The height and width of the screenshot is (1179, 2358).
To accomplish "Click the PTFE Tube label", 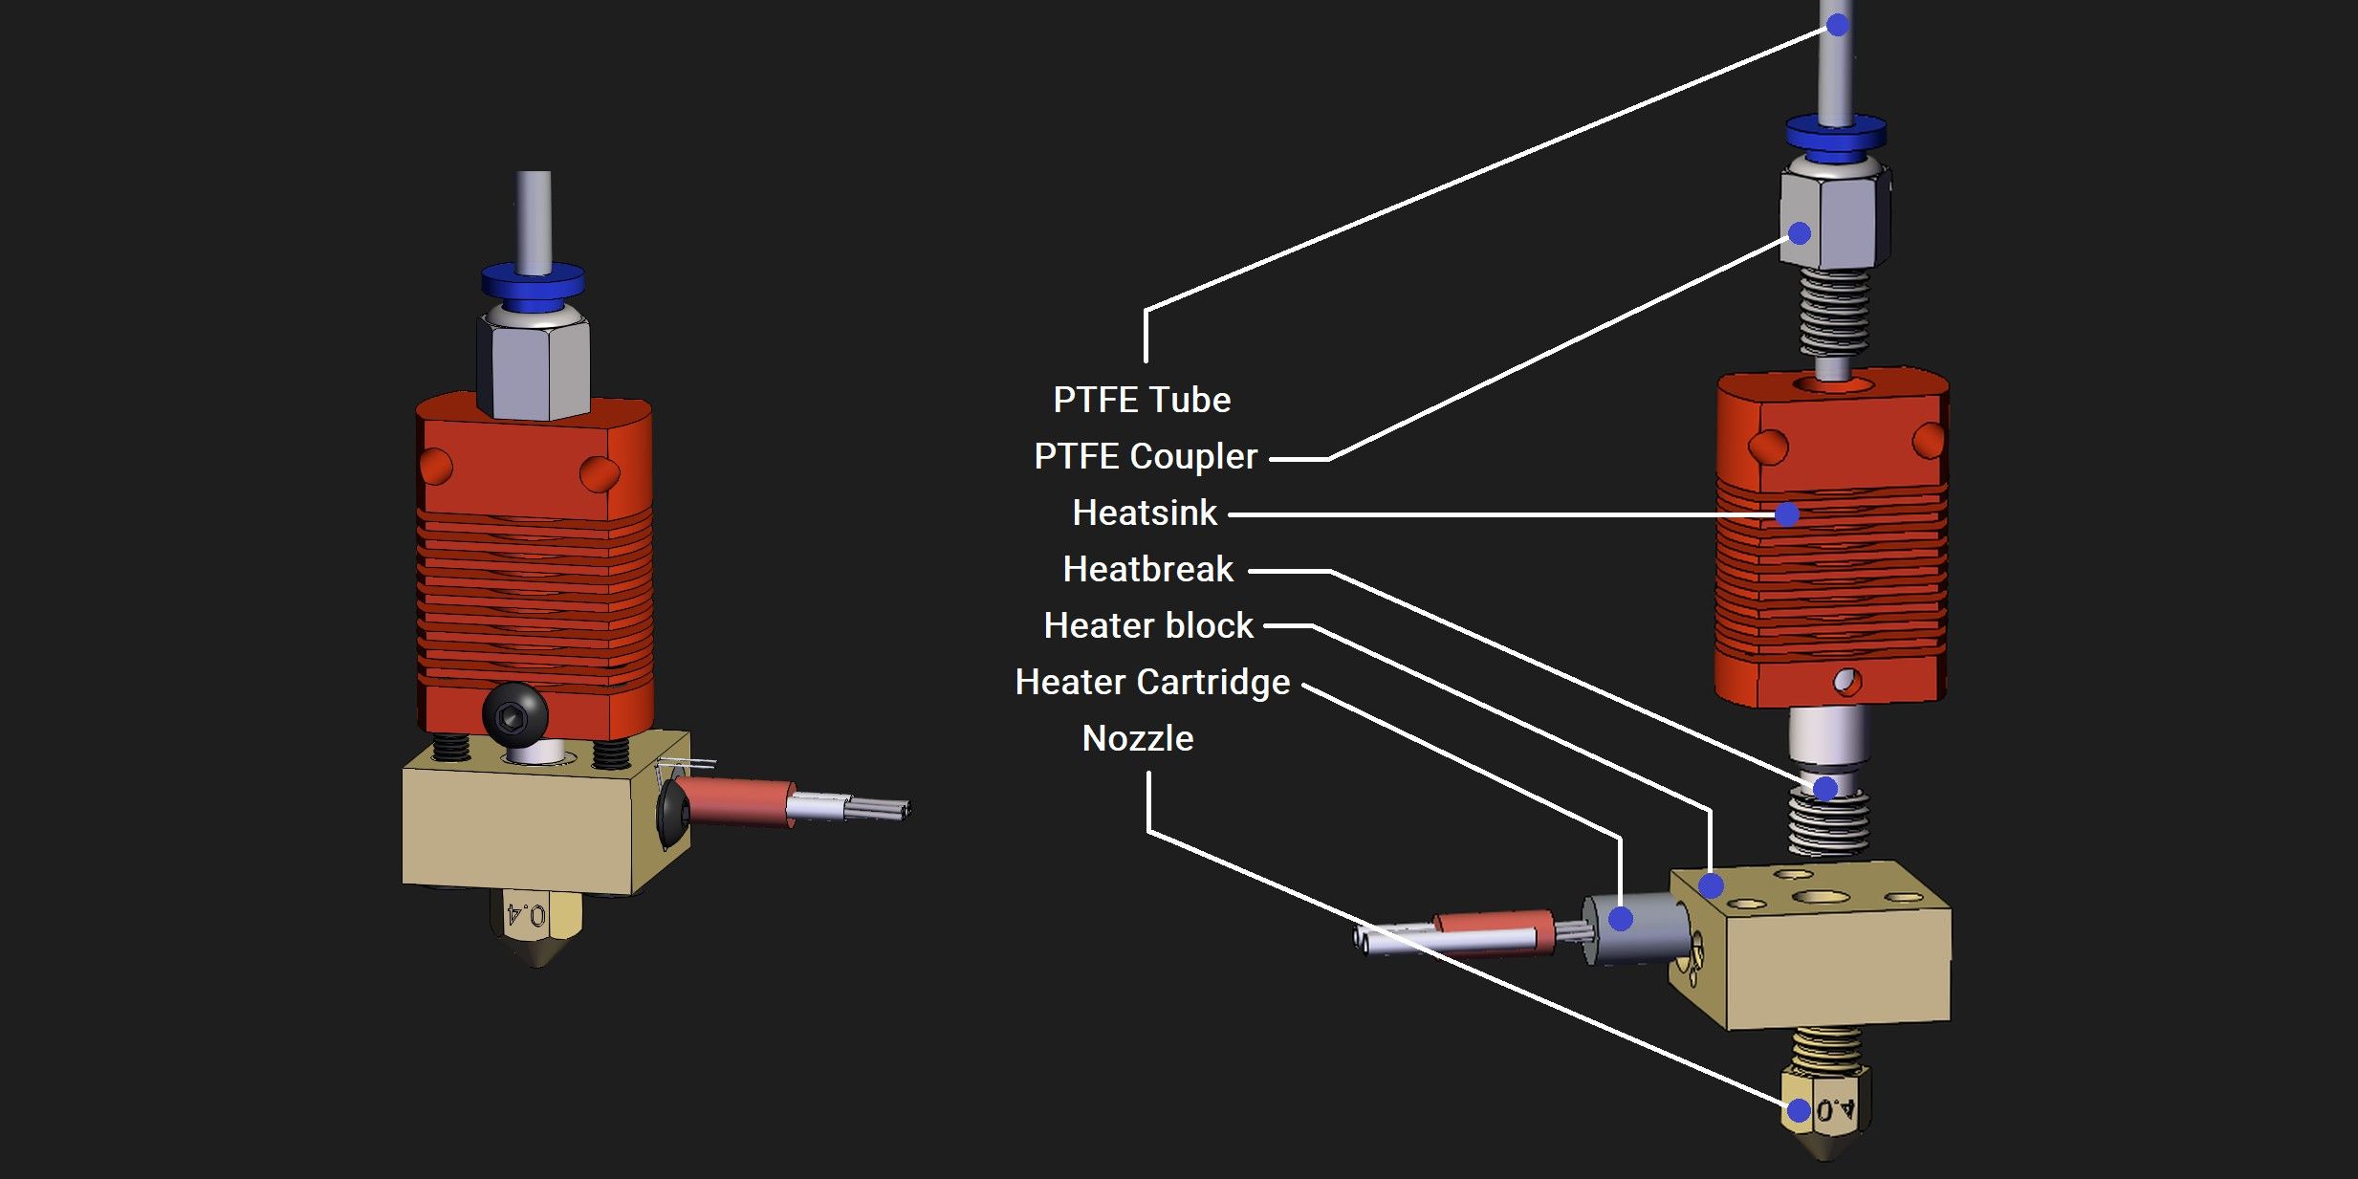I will pyautogui.click(x=1142, y=400).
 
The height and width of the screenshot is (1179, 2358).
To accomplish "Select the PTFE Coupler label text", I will pyautogui.click(x=1146, y=456).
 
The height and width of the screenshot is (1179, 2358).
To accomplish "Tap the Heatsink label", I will pyautogui.click(x=1145, y=513).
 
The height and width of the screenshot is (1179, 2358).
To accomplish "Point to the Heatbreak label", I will pyautogui.click(x=1148, y=569).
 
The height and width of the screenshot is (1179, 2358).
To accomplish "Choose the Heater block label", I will pyautogui.click(x=1148, y=625).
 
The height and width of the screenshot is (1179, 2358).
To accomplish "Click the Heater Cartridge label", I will pyautogui.click(x=1152, y=682).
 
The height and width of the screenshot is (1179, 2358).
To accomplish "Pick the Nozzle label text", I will pyautogui.click(x=1138, y=738).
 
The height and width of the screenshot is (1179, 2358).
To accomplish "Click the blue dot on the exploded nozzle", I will pyautogui.click(x=1799, y=1110).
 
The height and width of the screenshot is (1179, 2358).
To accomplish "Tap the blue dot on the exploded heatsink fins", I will pyautogui.click(x=1786, y=514).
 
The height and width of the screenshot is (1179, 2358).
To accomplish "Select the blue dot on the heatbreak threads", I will pyautogui.click(x=1825, y=789).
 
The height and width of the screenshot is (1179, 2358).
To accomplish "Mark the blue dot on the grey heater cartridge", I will pyautogui.click(x=1621, y=919).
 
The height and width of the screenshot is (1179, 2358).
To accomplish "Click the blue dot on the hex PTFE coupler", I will pyautogui.click(x=1800, y=233).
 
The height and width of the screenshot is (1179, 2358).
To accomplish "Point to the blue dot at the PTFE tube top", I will pyautogui.click(x=1837, y=25).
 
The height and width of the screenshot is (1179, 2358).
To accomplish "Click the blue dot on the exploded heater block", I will pyautogui.click(x=1712, y=885).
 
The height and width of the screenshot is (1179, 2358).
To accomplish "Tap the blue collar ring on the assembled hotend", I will pyautogui.click(x=533, y=282).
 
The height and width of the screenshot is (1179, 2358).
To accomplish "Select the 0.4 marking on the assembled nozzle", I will pyautogui.click(x=527, y=915).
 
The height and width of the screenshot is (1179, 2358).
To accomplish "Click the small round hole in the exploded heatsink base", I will pyautogui.click(x=1846, y=681).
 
